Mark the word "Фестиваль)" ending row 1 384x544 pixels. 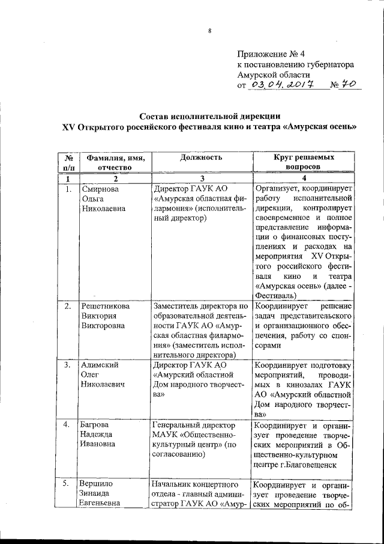274,297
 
